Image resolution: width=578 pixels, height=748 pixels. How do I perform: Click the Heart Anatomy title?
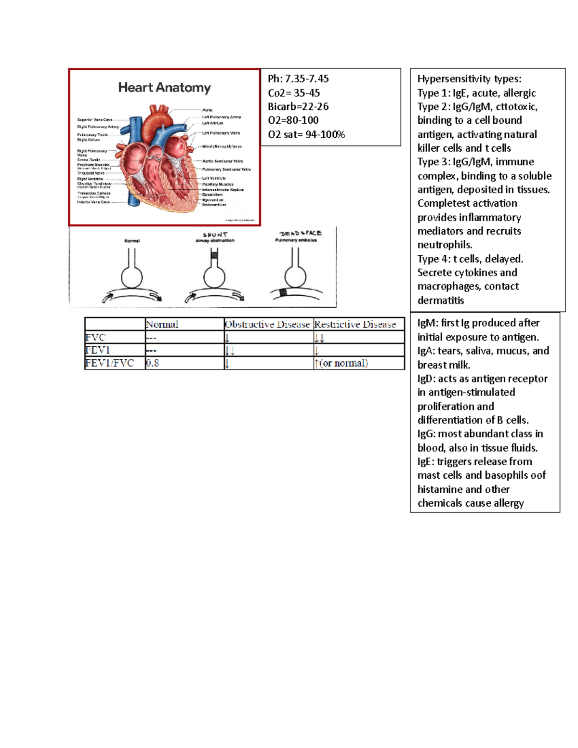(164, 88)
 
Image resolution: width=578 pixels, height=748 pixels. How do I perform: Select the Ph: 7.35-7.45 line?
(298, 79)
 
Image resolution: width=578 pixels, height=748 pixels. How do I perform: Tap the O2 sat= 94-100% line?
(306, 134)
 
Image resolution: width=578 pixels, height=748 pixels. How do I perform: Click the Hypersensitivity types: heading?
(469, 79)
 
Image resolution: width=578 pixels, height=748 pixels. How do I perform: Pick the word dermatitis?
(441, 300)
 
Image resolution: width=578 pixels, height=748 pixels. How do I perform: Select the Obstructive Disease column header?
(267, 324)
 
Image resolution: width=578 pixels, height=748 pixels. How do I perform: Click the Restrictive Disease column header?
(355, 324)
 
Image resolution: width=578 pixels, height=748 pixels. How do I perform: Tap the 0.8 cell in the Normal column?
(153, 363)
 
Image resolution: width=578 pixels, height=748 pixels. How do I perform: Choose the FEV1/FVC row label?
(109, 363)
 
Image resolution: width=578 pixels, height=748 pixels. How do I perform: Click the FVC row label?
(95, 337)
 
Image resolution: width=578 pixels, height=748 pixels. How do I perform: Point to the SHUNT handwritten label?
(215, 235)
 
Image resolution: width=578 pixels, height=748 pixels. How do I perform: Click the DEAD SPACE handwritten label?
(300, 233)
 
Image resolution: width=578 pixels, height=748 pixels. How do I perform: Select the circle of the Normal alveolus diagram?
(131, 277)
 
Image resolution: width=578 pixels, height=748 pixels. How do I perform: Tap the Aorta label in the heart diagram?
(207, 110)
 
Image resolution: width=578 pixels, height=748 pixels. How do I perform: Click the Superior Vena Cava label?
(94, 119)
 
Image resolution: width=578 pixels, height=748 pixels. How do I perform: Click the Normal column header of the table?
(162, 324)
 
